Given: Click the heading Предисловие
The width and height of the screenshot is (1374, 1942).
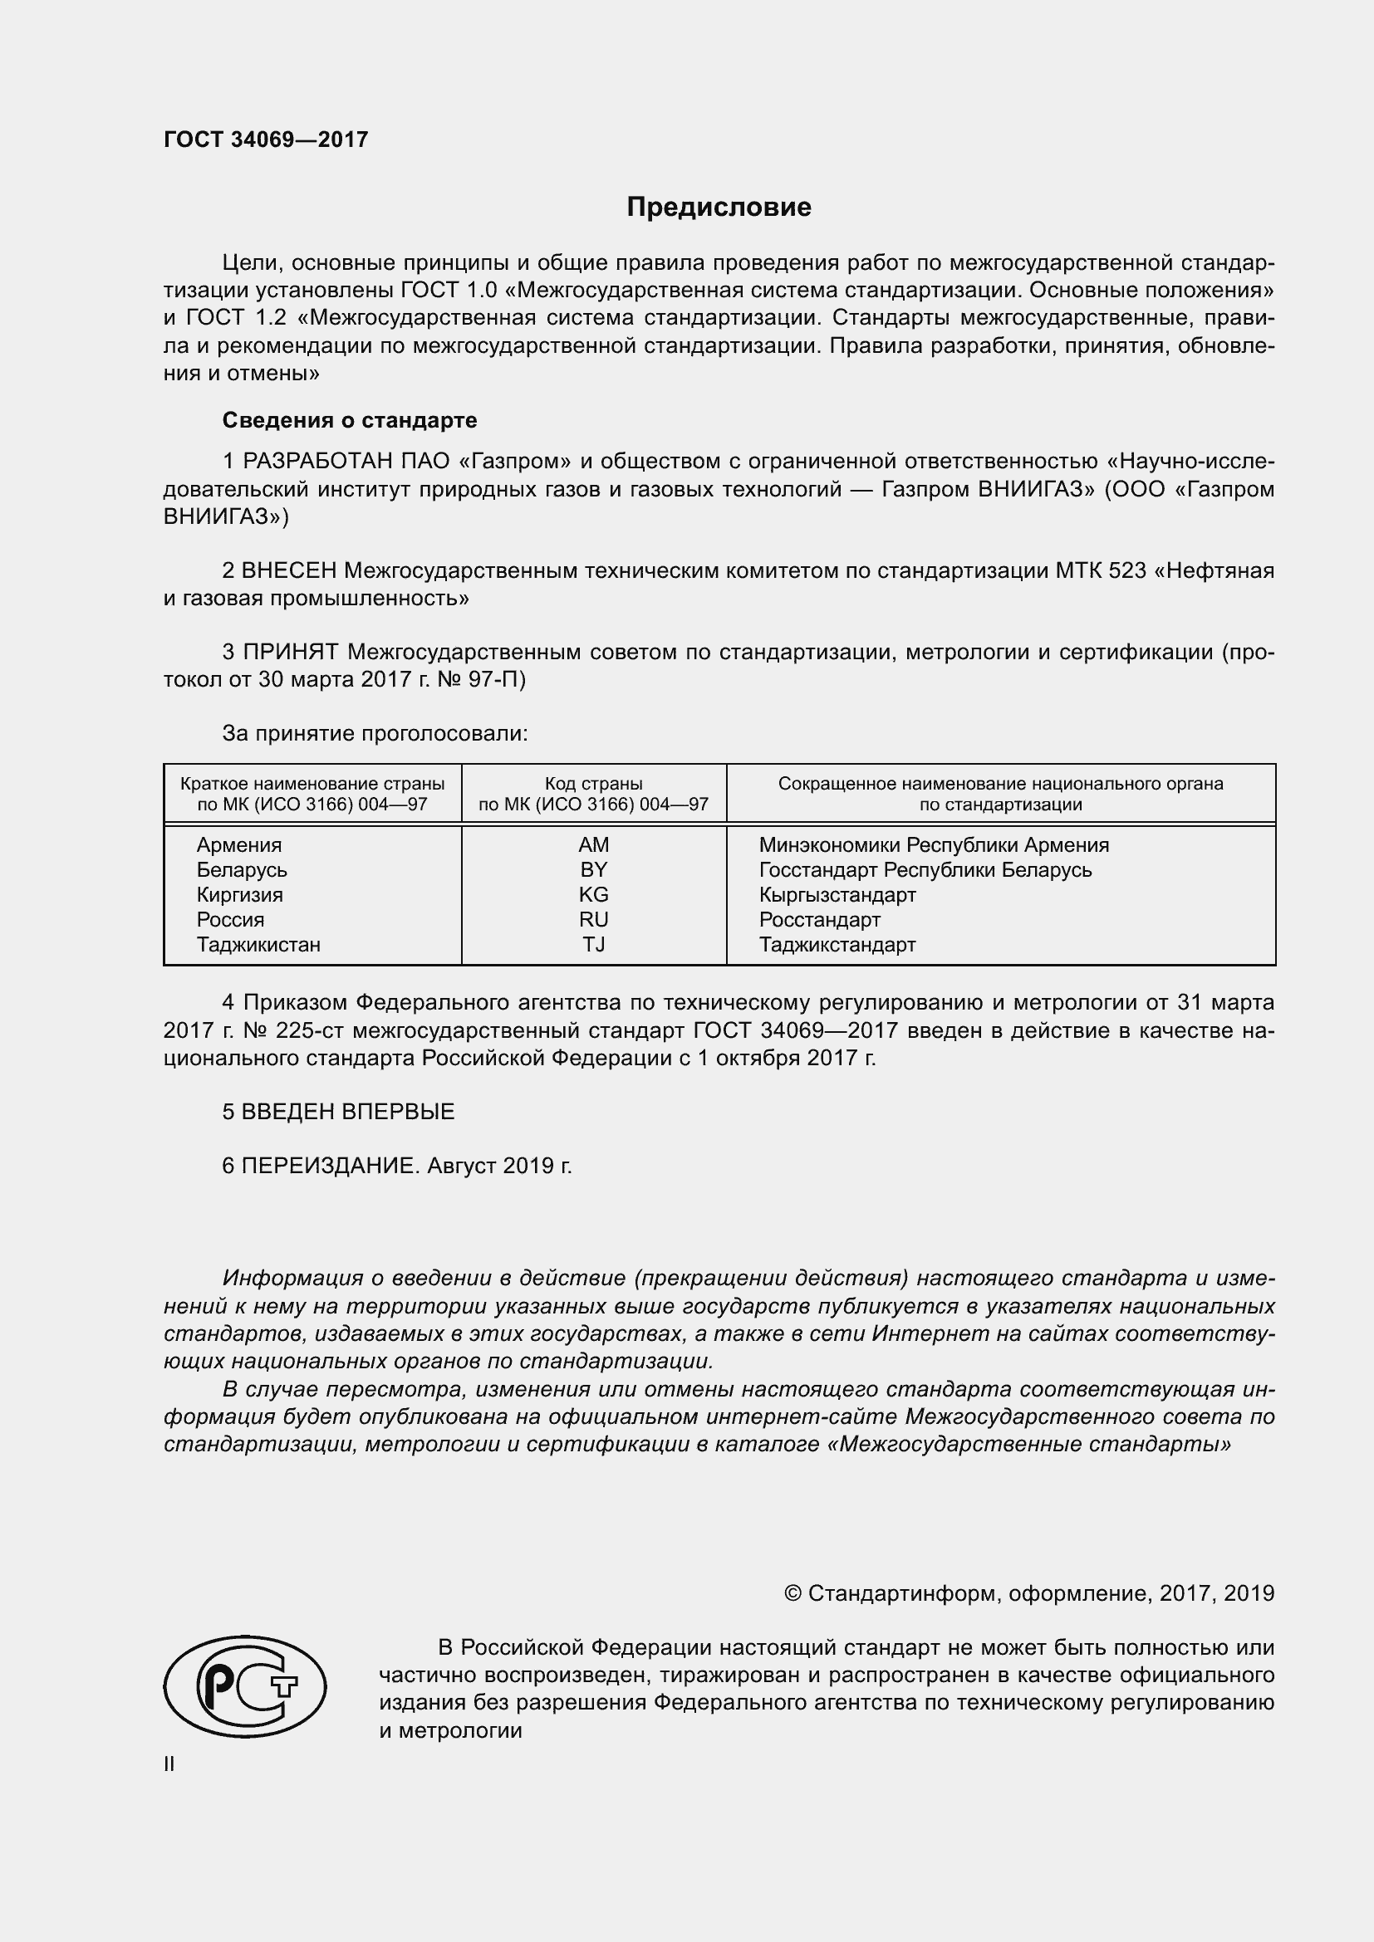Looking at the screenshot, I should (719, 208).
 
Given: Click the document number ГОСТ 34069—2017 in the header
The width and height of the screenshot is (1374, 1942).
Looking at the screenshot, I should (266, 139).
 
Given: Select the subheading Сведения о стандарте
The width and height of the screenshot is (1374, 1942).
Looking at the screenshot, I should (350, 420).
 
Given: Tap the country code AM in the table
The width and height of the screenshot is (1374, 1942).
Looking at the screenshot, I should (593, 845).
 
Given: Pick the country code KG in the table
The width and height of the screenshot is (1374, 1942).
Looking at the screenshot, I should (593, 895).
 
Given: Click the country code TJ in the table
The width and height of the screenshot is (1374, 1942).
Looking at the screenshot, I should (593, 945).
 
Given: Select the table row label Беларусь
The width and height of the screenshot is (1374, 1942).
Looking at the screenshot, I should (242, 870).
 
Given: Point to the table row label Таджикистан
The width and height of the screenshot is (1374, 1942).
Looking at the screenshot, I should (258, 945).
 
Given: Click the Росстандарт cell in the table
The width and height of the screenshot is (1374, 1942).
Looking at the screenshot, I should (819, 920).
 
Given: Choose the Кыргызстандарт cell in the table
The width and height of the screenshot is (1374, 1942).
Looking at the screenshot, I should (837, 895).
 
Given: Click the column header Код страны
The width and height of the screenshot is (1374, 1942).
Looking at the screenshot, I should (593, 784).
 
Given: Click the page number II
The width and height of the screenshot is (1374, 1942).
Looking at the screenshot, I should (169, 1764).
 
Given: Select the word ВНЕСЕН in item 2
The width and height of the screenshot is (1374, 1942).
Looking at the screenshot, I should (289, 571).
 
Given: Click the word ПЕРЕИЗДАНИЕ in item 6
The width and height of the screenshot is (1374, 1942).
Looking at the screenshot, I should (330, 1166).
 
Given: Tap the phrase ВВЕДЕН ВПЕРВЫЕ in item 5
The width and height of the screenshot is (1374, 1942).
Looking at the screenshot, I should (348, 1112).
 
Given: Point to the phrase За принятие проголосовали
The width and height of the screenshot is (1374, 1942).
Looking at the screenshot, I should (375, 733).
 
